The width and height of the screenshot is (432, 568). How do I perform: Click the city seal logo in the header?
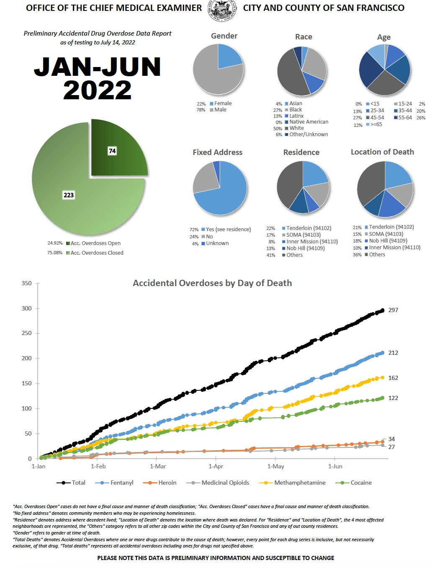[222, 10]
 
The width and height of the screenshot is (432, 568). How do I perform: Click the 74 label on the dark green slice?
[112, 151]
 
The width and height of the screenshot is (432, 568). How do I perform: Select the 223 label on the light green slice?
[69, 195]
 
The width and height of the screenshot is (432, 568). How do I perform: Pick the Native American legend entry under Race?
[309, 122]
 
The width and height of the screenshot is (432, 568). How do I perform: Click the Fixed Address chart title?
[217, 152]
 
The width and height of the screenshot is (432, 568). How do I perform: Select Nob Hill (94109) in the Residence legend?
[305, 248]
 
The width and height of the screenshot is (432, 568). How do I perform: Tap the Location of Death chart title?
[382, 152]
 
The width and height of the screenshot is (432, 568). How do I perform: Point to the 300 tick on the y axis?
[27, 308]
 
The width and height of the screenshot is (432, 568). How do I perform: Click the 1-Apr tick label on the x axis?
[216, 466]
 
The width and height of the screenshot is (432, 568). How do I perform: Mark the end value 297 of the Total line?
[393, 310]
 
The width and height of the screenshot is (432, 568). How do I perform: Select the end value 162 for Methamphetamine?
[393, 378]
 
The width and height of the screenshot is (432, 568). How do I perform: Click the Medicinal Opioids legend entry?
[225, 483]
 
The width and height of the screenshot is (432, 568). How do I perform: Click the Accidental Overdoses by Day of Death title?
[212, 283]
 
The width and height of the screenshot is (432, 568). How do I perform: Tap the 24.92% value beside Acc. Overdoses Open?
[55, 243]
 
